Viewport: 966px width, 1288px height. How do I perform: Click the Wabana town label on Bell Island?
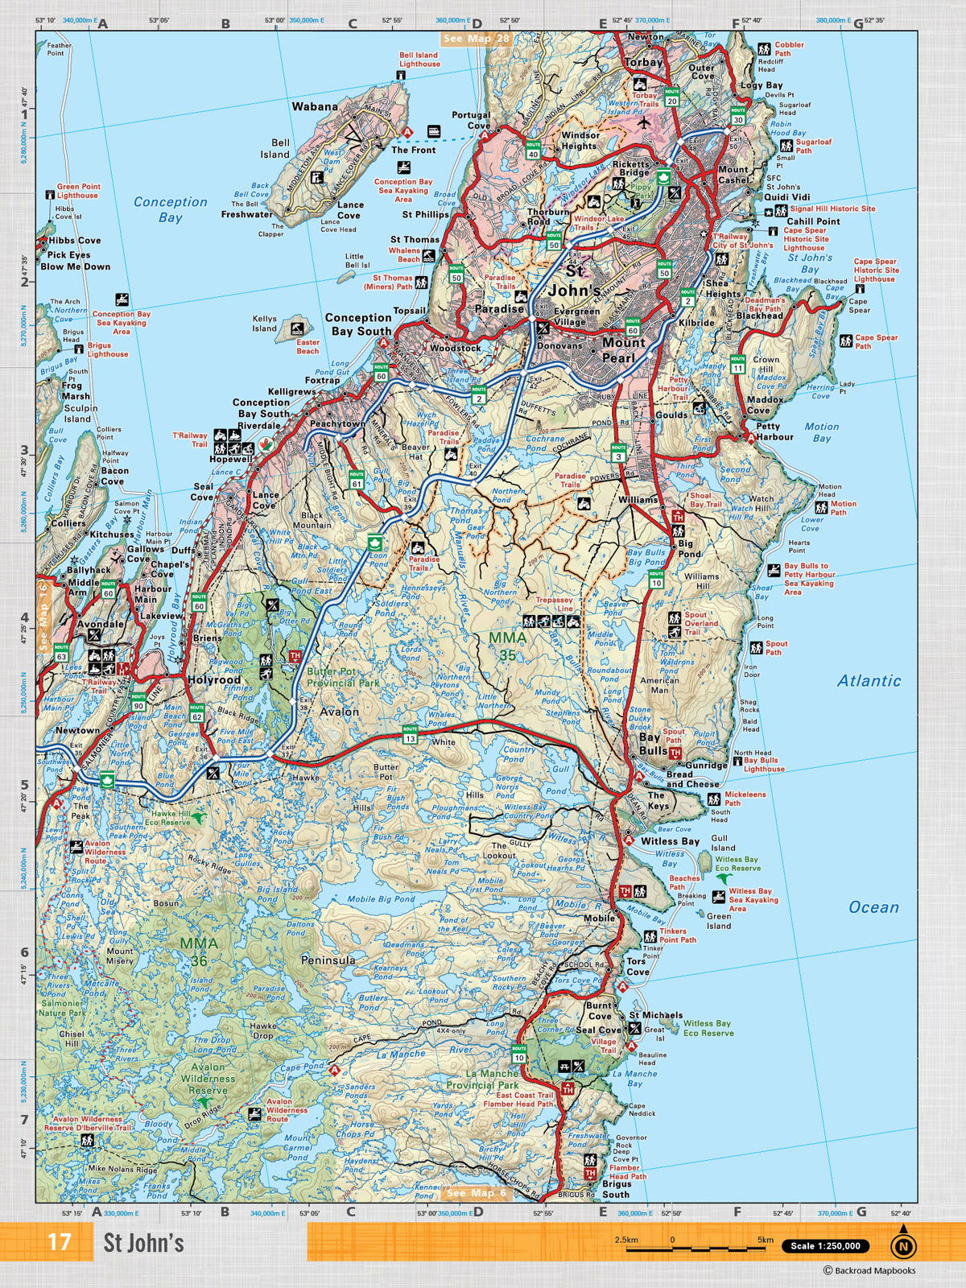click(x=315, y=106)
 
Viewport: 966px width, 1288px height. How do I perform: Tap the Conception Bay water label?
click(x=170, y=209)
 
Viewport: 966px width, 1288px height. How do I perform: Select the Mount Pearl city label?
click(x=623, y=349)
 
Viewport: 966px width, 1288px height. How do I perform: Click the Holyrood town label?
click(x=214, y=679)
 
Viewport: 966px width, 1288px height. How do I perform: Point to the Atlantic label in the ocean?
click(x=869, y=681)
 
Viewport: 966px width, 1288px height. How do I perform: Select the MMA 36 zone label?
click(x=198, y=952)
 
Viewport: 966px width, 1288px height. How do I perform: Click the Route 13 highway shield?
click(x=411, y=733)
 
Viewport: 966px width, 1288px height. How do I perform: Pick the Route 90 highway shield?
click(x=138, y=701)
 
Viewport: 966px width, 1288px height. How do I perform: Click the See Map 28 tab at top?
click(x=476, y=39)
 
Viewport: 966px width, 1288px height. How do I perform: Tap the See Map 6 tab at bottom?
click(x=477, y=1193)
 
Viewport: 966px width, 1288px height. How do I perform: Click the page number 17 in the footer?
click(x=60, y=1242)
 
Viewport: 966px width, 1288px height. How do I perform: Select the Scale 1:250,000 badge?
click(x=825, y=1245)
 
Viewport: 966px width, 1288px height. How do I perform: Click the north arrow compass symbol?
click(x=903, y=1244)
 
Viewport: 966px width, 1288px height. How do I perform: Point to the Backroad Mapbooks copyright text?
click(x=869, y=1271)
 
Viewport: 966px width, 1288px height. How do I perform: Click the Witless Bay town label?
click(x=670, y=841)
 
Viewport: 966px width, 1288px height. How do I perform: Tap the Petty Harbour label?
click(x=774, y=431)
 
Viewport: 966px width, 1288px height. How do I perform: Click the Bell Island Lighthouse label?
click(x=419, y=60)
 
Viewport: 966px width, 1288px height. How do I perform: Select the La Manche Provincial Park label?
click(x=493, y=1079)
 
